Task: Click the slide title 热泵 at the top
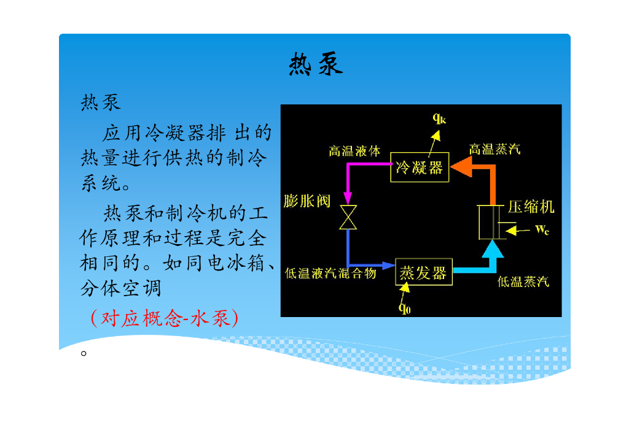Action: (316, 64)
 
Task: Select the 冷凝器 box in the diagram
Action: (420, 167)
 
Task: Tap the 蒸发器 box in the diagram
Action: (423, 273)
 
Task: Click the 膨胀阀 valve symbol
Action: (348, 217)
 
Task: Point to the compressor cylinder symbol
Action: (491, 222)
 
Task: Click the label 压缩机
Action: (531, 207)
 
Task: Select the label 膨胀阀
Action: (307, 201)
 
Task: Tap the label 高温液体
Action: (354, 151)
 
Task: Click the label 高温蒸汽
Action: (494, 149)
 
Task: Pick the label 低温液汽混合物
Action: (330, 274)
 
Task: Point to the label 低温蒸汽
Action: (523, 281)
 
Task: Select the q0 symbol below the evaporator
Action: (405, 307)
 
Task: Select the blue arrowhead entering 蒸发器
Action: (388, 266)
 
